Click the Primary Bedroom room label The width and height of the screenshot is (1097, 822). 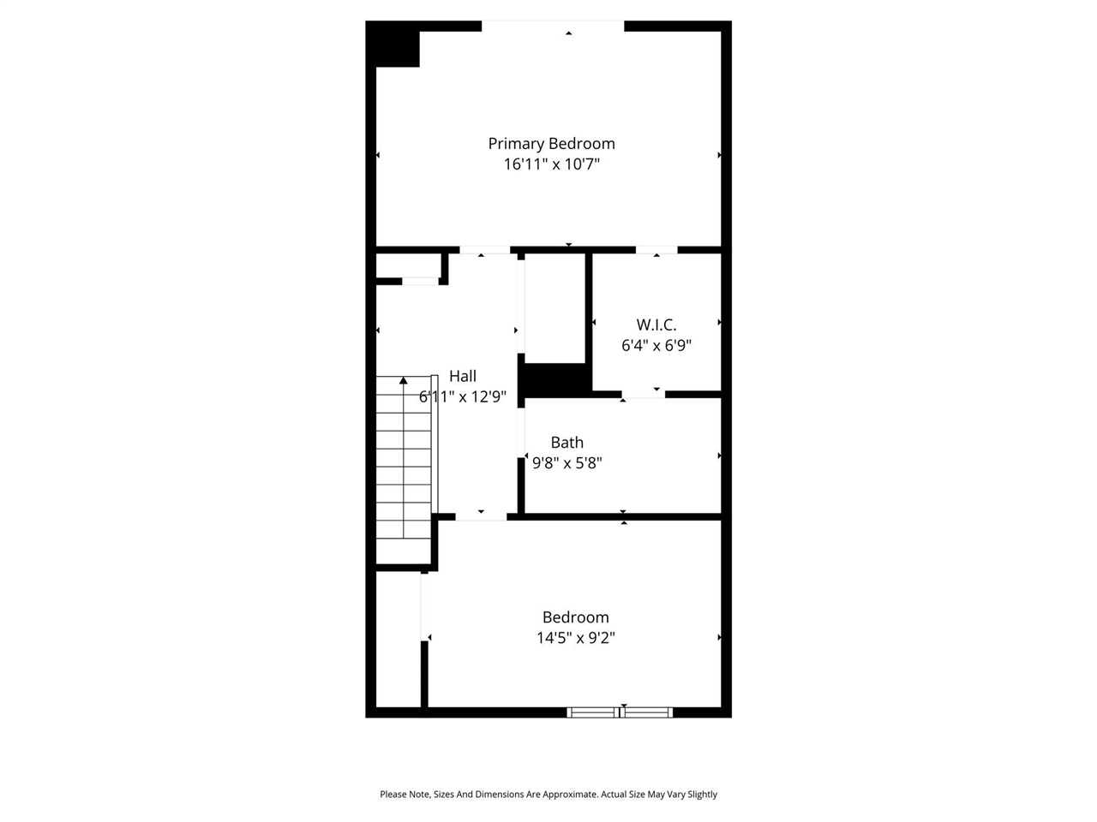(x=551, y=144)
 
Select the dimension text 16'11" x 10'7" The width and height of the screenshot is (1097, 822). (x=551, y=164)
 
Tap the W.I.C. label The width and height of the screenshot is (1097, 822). (x=656, y=325)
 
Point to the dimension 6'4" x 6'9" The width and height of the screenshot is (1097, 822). (x=656, y=346)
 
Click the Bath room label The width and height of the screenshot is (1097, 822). (x=566, y=443)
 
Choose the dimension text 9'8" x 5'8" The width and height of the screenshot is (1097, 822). (x=566, y=463)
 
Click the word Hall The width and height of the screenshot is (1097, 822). (x=463, y=376)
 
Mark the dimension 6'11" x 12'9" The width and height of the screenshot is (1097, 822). (x=463, y=396)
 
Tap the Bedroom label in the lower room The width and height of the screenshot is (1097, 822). (x=575, y=617)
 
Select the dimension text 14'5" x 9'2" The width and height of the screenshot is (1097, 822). (x=575, y=638)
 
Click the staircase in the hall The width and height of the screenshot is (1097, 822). (x=404, y=471)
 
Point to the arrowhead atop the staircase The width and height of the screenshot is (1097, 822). (x=403, y=380)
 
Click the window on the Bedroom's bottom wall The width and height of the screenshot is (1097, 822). (x=620, y=712)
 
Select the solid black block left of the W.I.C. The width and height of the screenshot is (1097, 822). (x=555, y=380)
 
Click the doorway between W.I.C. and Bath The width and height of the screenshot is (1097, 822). (x=643, y=395)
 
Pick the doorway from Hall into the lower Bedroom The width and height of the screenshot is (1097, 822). (x=481, y=516)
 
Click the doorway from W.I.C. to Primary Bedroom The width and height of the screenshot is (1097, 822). (x=656, y=250)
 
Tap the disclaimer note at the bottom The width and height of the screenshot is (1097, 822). (x=548, y=795)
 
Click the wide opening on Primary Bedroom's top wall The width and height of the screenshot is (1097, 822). (x=553, y=27)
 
